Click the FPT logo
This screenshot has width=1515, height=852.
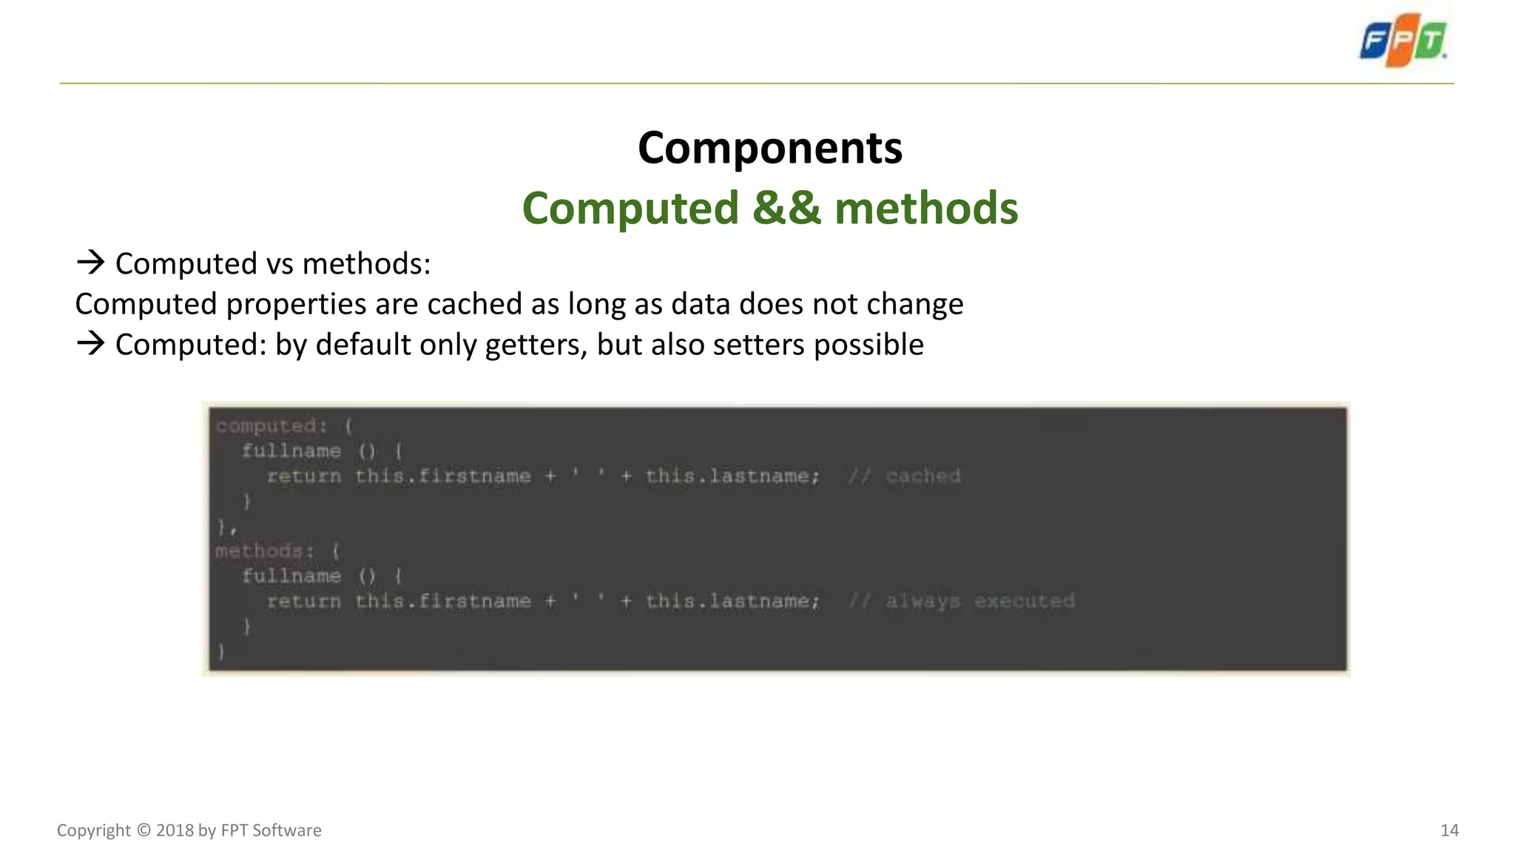pyautogui.click(x=1403, y=40)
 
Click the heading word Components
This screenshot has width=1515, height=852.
pyautogui.click(x=770, y=148)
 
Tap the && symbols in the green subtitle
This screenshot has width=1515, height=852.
pyautogui.click(x=786, y=208)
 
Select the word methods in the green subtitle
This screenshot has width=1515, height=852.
pyautogui.click(x=926, y=208)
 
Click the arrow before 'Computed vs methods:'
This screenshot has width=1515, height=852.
pyautogui.click(x=90, y=262)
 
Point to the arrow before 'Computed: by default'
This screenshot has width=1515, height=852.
pyautogui.click(x=90, y=343)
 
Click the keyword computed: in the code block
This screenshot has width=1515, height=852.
pyautogui.click(x=271, y=426)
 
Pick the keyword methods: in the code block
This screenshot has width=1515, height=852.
pyautogui.click(x=264, y=551)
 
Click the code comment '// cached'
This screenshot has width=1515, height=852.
pyautogui.click(x=904, y=476)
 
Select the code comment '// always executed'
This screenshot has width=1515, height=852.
pyautogui.click(x=961, y=601)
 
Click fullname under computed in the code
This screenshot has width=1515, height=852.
pyautogui.click(x=291, y=451)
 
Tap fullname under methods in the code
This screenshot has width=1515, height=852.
pyautogui.click(x=291, y=576)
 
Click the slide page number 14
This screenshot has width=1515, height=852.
pyautogui.click(x=1449, y=831)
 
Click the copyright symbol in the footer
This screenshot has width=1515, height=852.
pyautogui.click(x=144, y=831)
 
